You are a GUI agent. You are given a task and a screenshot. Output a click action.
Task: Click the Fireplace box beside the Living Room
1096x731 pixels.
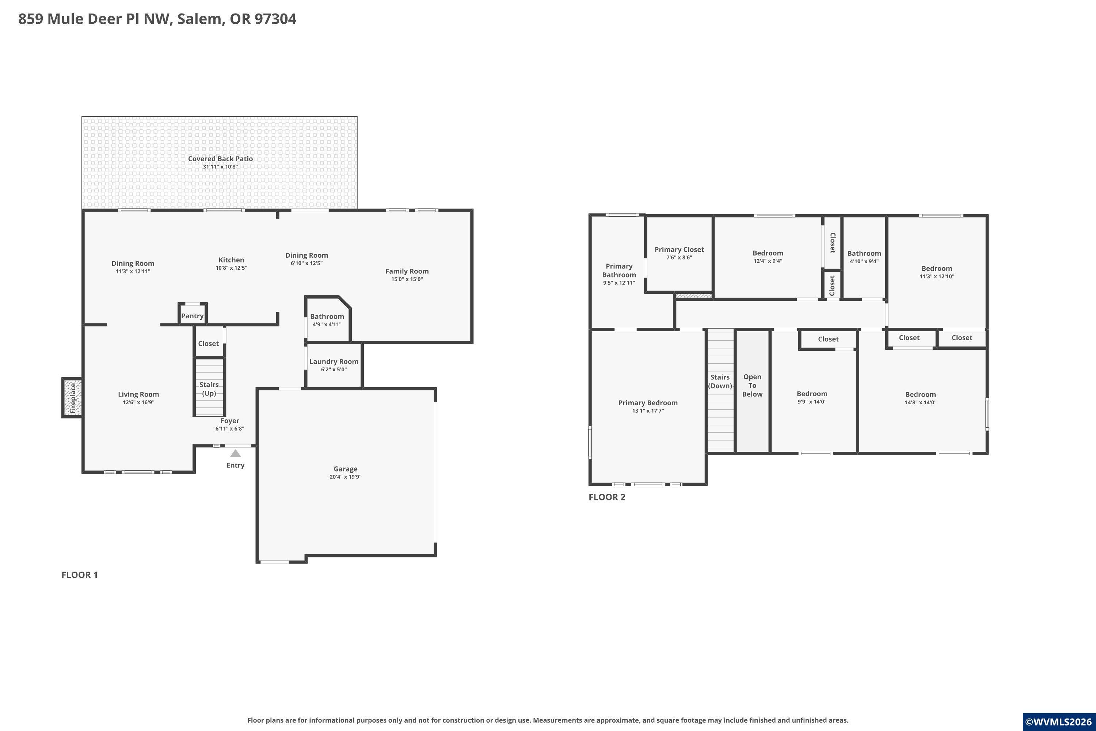tap(72, 398)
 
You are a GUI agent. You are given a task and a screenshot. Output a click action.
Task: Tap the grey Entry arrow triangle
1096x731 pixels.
tap(236, 453)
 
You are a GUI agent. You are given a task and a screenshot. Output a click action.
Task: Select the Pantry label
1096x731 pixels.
tap(193, 316)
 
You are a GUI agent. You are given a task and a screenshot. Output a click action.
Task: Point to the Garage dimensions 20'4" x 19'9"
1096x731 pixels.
tap(345, 477)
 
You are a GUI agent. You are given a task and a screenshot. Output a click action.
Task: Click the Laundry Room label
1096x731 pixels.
tap(334, 361)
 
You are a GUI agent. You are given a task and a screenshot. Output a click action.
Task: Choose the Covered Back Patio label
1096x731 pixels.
tap(220, 159)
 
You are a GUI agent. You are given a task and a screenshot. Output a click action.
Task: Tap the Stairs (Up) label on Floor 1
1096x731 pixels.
tap(209, 389)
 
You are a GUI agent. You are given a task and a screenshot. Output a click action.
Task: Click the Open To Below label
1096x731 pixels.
tap(752, 386)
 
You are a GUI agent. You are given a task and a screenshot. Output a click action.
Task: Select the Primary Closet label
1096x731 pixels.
tap(679, 249)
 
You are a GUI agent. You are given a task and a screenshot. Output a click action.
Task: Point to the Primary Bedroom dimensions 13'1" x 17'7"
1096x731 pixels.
tap(648, 411)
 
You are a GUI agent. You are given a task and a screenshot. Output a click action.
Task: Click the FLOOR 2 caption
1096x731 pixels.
tap(607, 497)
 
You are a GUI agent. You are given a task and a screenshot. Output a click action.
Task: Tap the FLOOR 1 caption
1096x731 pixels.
tap(80, 575)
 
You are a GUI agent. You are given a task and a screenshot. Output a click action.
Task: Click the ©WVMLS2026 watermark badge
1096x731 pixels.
tap(1059, 721)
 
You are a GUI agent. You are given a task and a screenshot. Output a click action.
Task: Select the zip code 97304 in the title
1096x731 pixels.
tap(275, 19)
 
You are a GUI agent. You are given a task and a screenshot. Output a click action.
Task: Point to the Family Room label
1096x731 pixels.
tap(407, 271)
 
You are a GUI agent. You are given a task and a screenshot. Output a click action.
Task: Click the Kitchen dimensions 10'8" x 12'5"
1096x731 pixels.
tap(231, 268)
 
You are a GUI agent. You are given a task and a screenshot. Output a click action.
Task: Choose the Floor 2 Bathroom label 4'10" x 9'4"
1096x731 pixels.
tap(864, 253)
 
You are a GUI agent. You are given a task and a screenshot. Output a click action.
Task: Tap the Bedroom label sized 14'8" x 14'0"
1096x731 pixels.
tap(920, 394)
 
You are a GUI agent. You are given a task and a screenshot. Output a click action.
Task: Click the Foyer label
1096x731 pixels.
tap(230, 421)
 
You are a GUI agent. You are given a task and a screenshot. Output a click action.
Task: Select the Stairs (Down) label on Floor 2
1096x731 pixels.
tap(720, 381)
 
